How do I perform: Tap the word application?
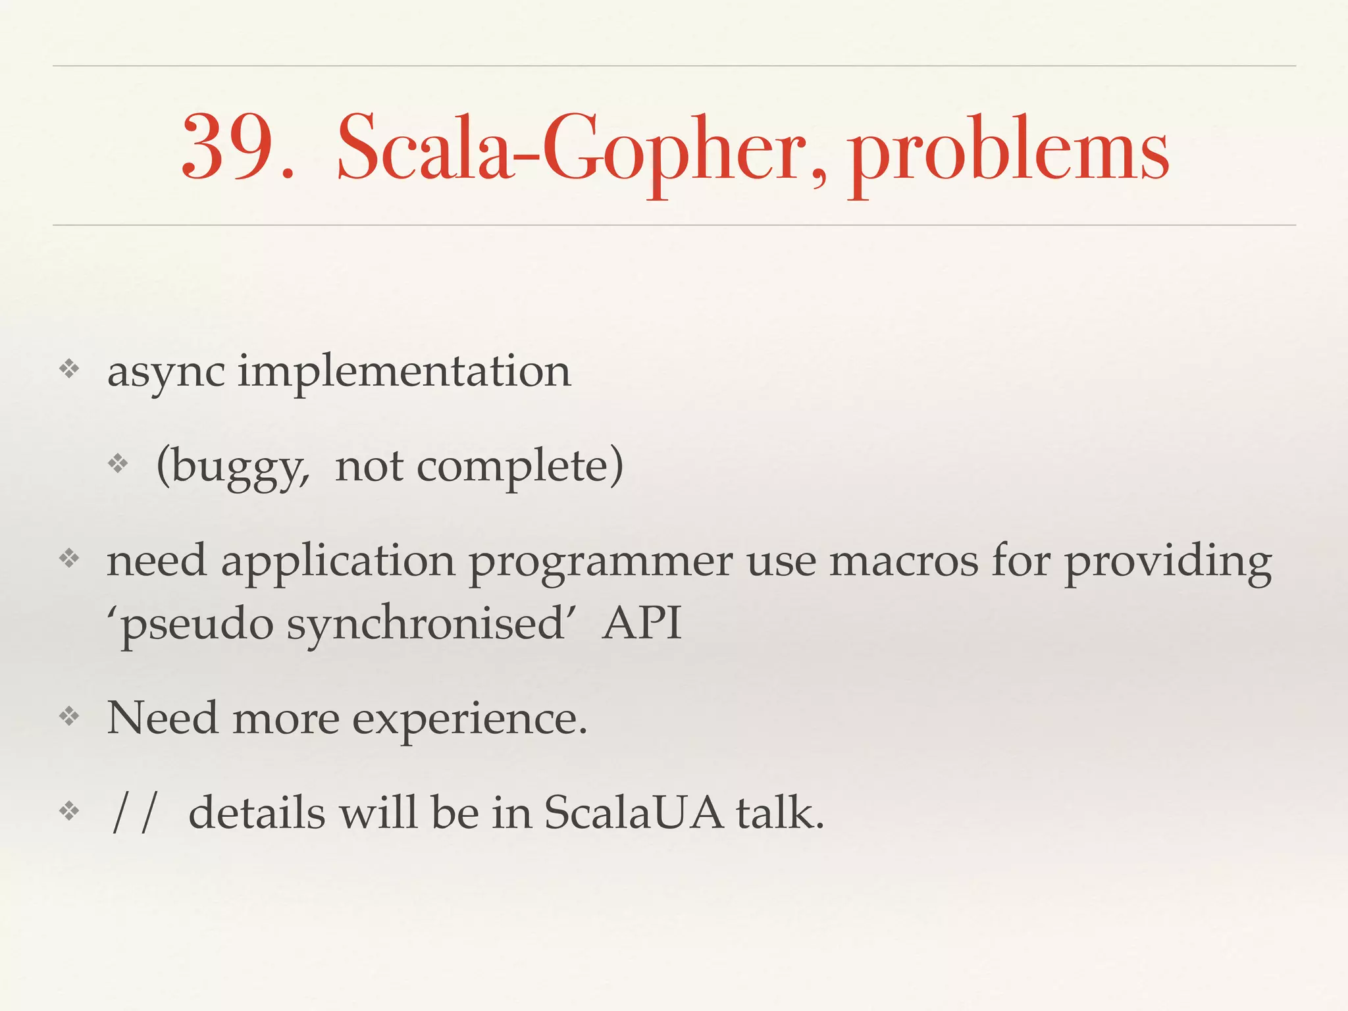coord(338,563)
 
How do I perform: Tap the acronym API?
coord(642,623)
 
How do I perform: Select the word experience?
coord(469,719)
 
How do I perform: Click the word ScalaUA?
coord(633,813)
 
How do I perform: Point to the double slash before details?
coord(134,813)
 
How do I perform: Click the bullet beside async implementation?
coord(69,369)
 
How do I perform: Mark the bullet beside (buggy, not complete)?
coord(118,464)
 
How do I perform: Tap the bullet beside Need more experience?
coord(69,716)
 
